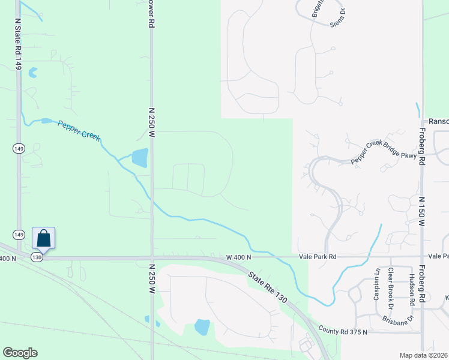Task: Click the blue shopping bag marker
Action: point(44,238)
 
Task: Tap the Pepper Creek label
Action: point(79,130)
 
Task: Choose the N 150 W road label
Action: point(422,212)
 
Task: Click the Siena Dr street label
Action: point(339,18)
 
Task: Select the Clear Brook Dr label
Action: point(390,284)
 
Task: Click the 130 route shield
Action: point(37,257)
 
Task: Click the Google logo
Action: point(20,352)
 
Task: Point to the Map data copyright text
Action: point(424,355)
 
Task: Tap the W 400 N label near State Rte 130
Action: point(238,257)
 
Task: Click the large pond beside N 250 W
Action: point(139,158)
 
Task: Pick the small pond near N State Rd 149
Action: point(32,73)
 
